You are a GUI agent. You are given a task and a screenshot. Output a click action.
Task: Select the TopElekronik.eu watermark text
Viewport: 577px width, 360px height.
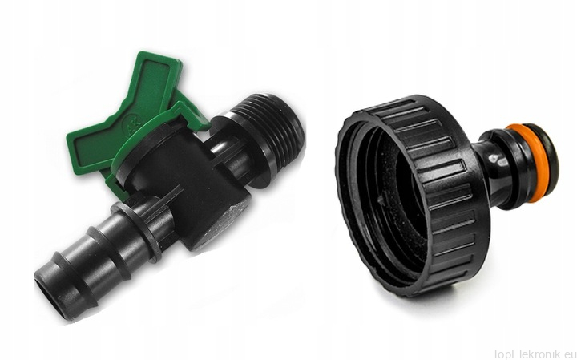535,354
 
